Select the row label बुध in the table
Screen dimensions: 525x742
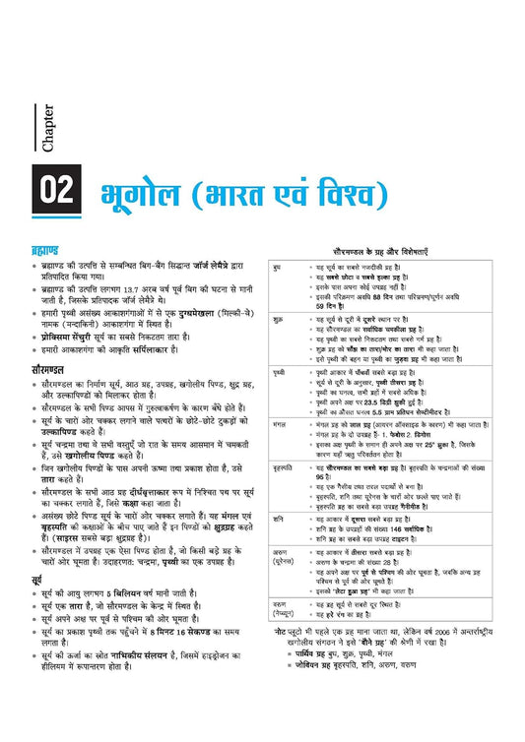click(279, 267)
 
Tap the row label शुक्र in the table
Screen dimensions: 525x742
click(280, 321)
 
